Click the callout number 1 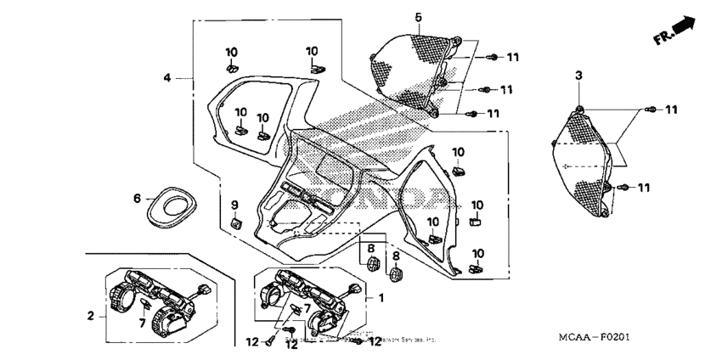coord(381,298)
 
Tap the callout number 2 coord(91,316)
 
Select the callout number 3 coord(578,76)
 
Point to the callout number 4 coord(168,77)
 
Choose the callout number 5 coord(418,17)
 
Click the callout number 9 coord(236,204)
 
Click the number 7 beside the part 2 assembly coord(142,323)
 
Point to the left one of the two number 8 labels coord(369,248)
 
